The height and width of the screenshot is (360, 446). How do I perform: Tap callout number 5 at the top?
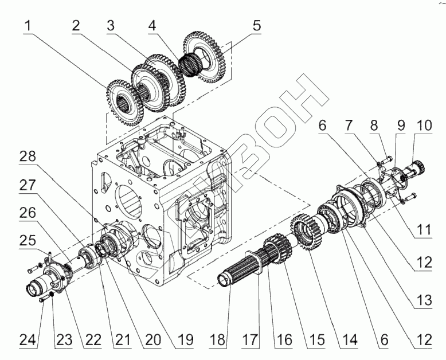click(256, 26)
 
